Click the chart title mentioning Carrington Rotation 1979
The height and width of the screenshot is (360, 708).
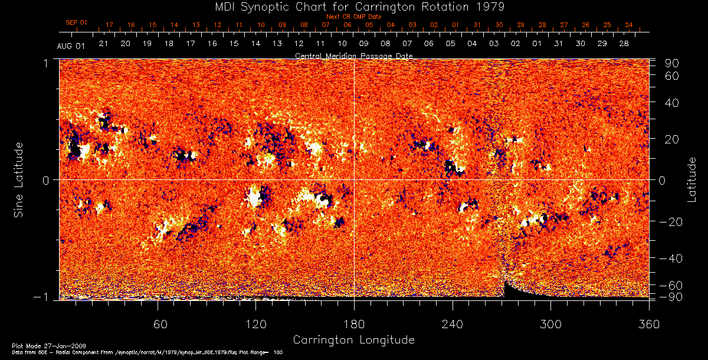353,6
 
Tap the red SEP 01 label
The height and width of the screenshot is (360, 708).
76,22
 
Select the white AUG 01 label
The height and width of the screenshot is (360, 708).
71,46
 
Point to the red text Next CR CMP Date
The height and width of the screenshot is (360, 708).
353,17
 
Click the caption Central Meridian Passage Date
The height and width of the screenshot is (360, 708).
353,55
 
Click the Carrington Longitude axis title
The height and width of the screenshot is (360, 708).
353,340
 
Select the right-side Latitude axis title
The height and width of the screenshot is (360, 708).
691,179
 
